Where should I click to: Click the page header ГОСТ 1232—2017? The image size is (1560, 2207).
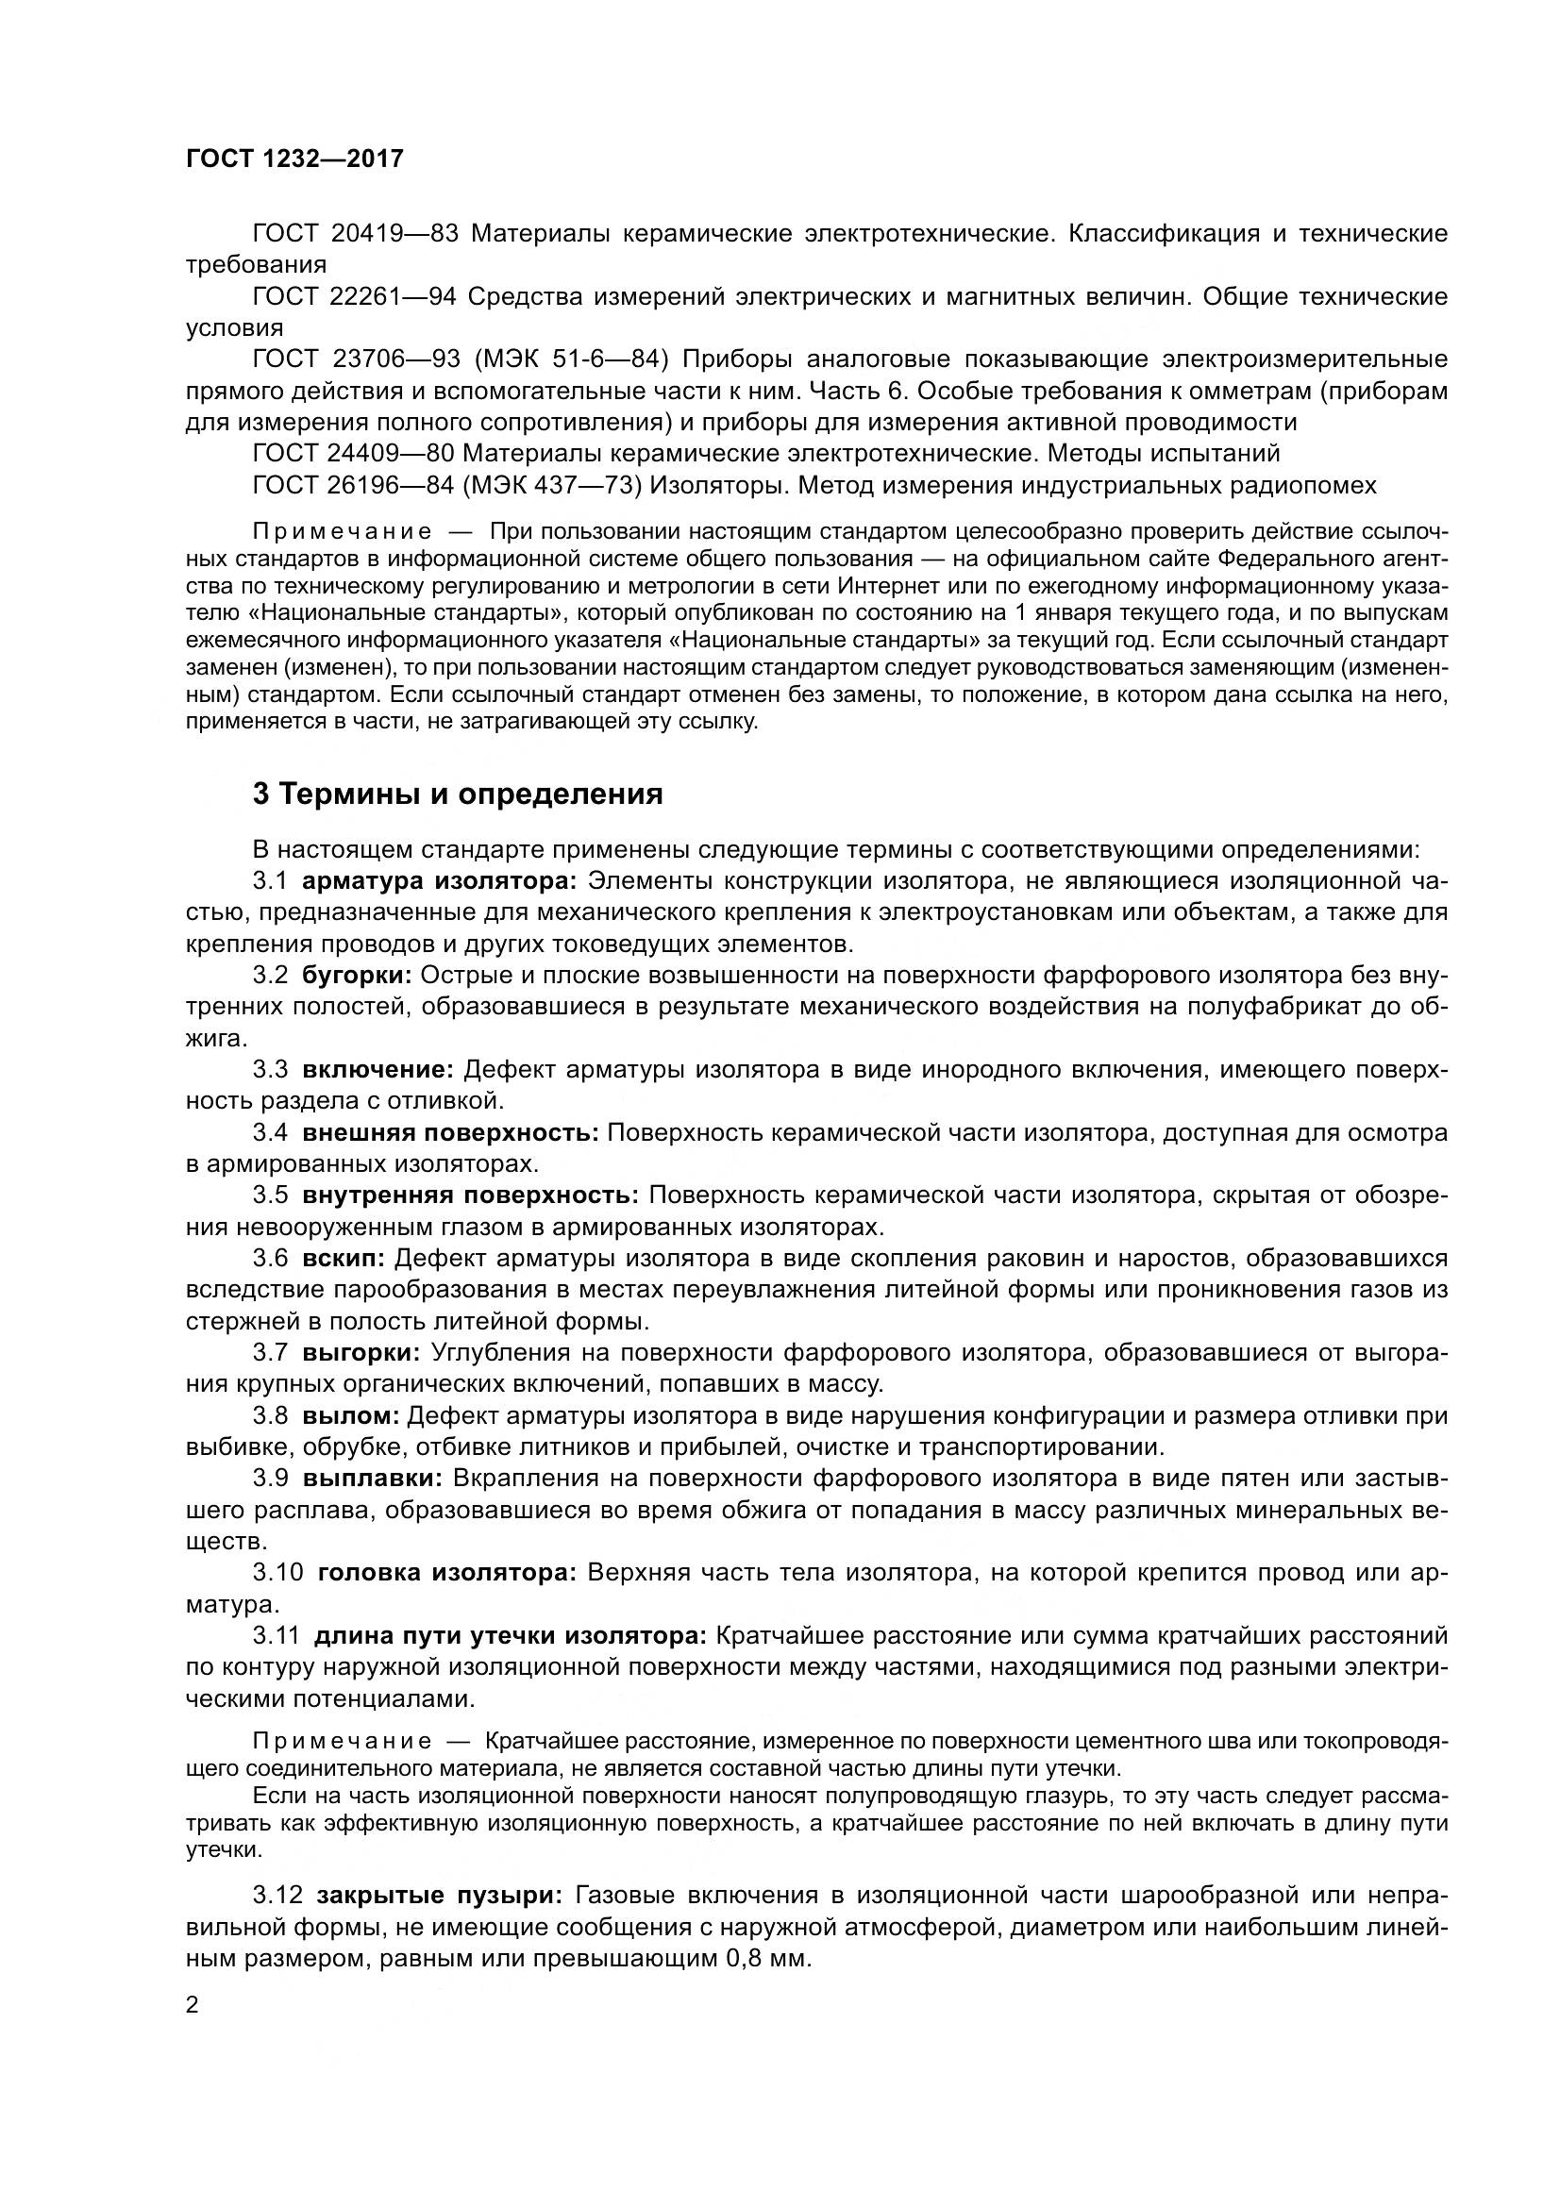(x=294, y=159)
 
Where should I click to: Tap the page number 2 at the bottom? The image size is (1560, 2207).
(x=193, y=2005)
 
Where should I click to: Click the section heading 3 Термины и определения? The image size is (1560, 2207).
(x=458, y=794)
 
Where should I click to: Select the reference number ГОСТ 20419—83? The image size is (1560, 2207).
(x=356, y=234)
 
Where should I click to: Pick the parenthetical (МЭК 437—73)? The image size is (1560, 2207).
(x=552, y=484)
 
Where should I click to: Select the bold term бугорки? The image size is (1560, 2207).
(x=357, y=975)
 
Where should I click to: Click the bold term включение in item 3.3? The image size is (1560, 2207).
(x=377, y=1069)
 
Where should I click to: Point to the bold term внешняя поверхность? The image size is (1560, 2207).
(x=450, y=1132)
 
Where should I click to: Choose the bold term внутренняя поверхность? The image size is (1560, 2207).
(x=470, y=1195)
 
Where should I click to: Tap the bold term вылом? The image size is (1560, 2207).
(x=350, y=1415)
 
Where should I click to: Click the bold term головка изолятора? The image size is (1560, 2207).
(x=446, y=1573)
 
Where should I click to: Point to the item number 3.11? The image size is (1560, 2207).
(x=277, y=1635)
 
